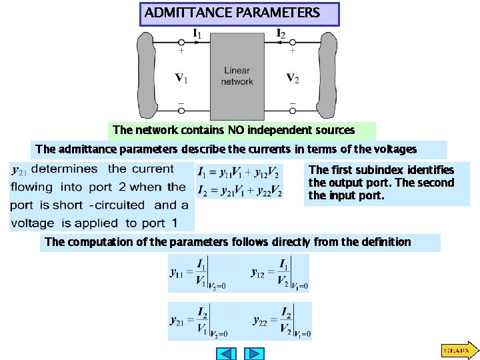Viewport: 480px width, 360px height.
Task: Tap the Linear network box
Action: (x=237, y=76)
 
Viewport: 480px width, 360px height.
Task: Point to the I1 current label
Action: (x=199, y=33)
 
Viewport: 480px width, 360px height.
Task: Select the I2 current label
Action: (x=281, y=33)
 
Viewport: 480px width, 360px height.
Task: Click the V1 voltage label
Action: (x=181, y=79)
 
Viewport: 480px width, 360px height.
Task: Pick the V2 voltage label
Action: (x=293, y=79)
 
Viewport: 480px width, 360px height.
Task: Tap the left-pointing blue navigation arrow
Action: (x=228, y=353)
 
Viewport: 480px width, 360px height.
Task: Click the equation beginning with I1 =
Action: (x=240, y=172)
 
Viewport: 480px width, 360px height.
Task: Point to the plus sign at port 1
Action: (x=181, y=50)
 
